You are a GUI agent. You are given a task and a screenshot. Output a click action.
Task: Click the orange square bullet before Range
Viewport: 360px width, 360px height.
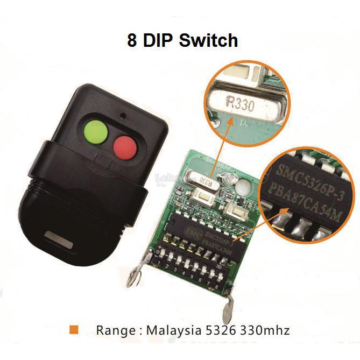point(74,329)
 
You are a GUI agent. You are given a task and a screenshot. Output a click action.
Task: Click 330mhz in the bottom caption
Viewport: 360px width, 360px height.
point(265,330)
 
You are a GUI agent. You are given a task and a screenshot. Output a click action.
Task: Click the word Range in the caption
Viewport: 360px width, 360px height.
point(115,330)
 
